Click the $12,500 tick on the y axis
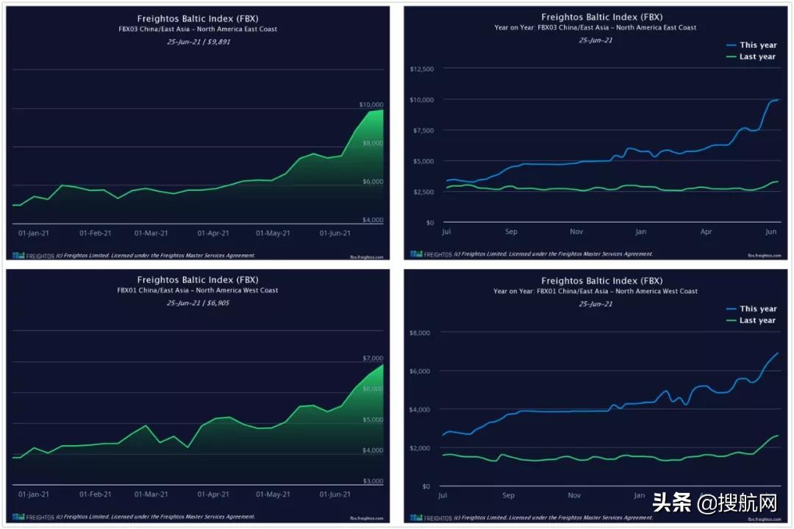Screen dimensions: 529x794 click(423, 69)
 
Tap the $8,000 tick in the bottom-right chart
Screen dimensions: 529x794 click(421, 333)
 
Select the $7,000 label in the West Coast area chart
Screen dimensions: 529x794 click(373, 358)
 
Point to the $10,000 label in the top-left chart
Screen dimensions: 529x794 click(371, 104)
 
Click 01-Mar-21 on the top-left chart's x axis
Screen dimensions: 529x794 click(151, 233)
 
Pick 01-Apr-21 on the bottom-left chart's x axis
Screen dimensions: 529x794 click(213, 494)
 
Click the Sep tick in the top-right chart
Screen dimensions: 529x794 click(511, 231)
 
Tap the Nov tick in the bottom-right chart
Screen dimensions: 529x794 click(576, 495)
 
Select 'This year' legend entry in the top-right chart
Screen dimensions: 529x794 click(757, 45)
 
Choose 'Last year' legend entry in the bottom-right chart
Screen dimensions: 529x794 click(757, 320)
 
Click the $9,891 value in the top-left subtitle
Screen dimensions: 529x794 click(219, 41)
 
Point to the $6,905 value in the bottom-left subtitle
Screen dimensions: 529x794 click(219, 303)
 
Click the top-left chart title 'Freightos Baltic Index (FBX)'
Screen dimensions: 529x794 click(198, 18)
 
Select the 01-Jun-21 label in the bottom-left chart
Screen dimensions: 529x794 click(335, 494)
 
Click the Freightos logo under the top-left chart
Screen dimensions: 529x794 click(29, 256)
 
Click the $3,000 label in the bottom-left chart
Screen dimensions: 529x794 click(373, 481)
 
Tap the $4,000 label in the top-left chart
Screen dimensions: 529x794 click(373, 220)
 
